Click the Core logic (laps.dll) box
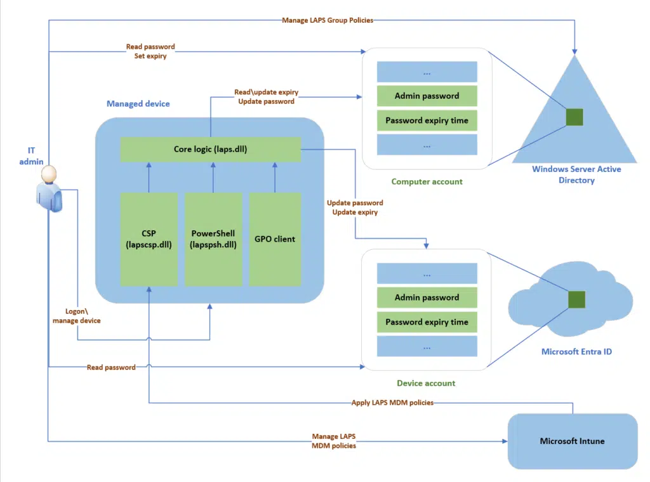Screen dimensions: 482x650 pos(210,150)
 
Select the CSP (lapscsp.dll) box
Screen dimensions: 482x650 pos(149,239)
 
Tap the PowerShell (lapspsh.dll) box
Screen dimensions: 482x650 pos(213,239)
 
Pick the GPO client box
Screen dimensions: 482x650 pos(275,239)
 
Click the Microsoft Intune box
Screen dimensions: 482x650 pos(572,441)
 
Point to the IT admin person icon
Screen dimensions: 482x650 pos(49,188)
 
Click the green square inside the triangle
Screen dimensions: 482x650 pos(574,117)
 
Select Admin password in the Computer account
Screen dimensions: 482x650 pos(427,96)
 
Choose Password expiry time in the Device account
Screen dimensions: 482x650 pos(427,322)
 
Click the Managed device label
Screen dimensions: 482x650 pos(138,103)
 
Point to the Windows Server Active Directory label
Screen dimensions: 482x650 pos(576,174)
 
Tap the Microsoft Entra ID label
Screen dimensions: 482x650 pos(576,351)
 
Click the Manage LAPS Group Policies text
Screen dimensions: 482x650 pos(328,20)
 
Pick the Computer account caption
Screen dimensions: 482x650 pos(427,182)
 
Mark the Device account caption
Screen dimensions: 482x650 pos(427,383)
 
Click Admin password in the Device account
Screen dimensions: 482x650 pos(427,297)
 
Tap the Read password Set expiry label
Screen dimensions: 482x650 pos(150,51)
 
